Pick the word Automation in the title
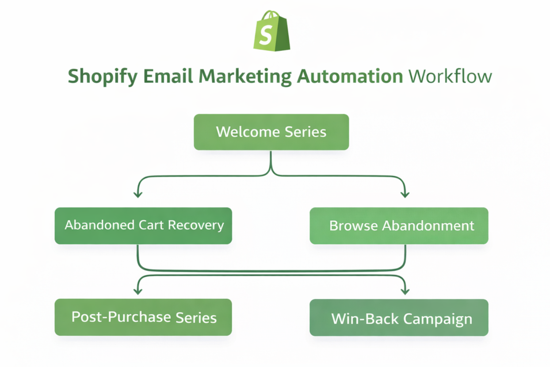tap(349, 76)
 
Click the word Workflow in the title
tap(450, 76)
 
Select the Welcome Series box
tap(271, 132)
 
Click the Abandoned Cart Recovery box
tap(143, 226)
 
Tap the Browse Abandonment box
tap(399, 226)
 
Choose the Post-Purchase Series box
tap(143, 317)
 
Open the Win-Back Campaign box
tap(399, 318)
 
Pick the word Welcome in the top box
tap(241, 132)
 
